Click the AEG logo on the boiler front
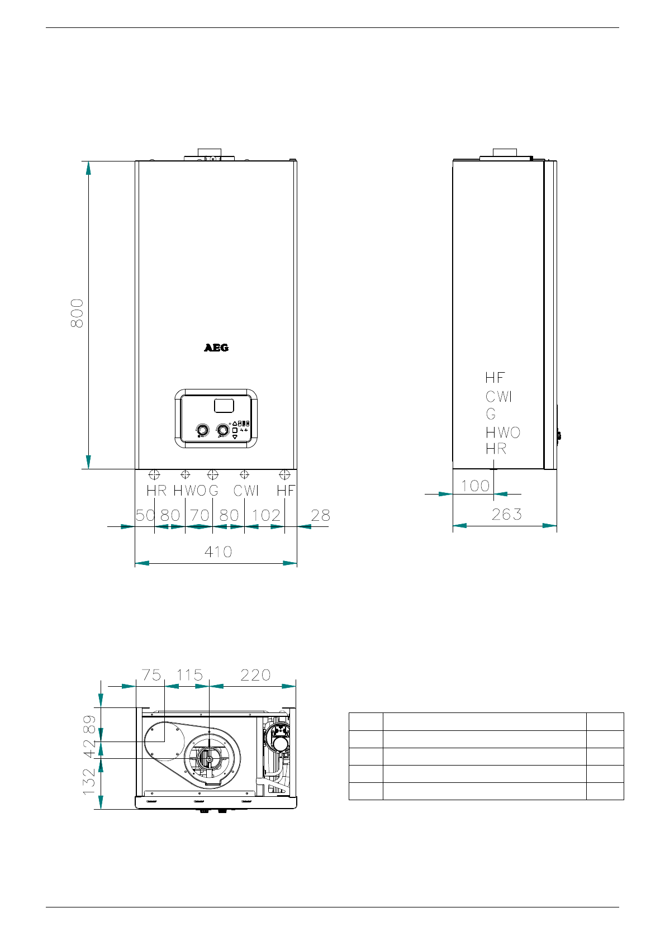[x=216, y=348]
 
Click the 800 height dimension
[x=77, y=313]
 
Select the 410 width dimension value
[x=218, y=552]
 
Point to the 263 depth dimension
[x=507, y=514]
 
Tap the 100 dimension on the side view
[x=475, y=486]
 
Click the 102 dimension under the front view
[x=266, y=515]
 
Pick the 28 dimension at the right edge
[x=321, y=515]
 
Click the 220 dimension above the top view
[x=255, y=675]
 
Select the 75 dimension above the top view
[x=151, y=675]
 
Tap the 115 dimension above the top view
[x=190, y=675]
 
